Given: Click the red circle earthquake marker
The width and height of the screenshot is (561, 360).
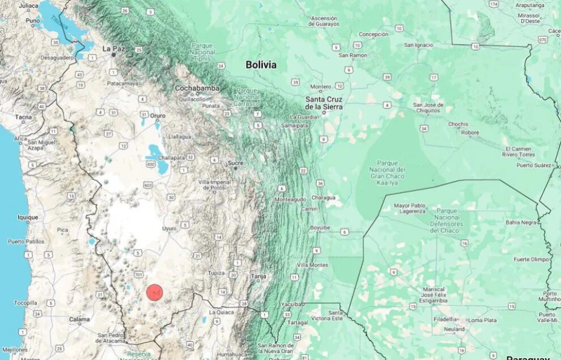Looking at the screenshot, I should pyautogui.click(x=155, y=292).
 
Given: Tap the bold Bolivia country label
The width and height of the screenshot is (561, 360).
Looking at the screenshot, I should pyautogui.click(x=261, y=65).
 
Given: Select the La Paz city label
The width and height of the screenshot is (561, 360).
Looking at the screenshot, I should pyautogui.click(x=113, y=49).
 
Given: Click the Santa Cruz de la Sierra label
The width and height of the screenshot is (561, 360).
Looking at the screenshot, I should pyautogui.click(x=324, y=103).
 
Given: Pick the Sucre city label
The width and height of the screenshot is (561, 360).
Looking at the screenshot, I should pyautogui.click(x=235, y=163).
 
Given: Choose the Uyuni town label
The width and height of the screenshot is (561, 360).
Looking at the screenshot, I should pyautogui.click(x=169, y=228).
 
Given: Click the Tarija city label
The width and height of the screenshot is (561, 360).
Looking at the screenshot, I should pyautogui.click(x=258, y=276).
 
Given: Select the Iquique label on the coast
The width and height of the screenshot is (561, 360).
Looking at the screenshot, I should pyautogui.click(x=28, y=217).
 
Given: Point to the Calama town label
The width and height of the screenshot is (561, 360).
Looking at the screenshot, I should pyautogui.click(x=79, y=320).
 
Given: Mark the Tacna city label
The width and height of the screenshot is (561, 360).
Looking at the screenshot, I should pyautogui.click(x=24, y=117).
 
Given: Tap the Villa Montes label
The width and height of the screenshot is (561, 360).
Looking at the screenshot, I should pyautogui.click(x=312, y=265).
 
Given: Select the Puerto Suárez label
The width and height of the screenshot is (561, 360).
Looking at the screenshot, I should pyautogui.click(x=534, y=165).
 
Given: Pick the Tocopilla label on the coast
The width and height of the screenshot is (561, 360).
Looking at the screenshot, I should pyautogui.click(x=25, y=303).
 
